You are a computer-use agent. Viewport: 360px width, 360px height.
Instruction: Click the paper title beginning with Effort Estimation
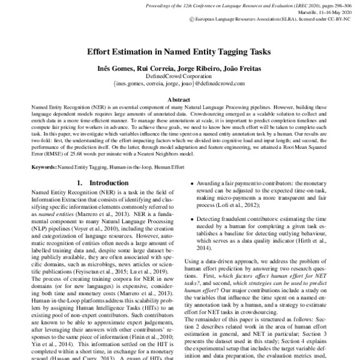click(x=179, y=52)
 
